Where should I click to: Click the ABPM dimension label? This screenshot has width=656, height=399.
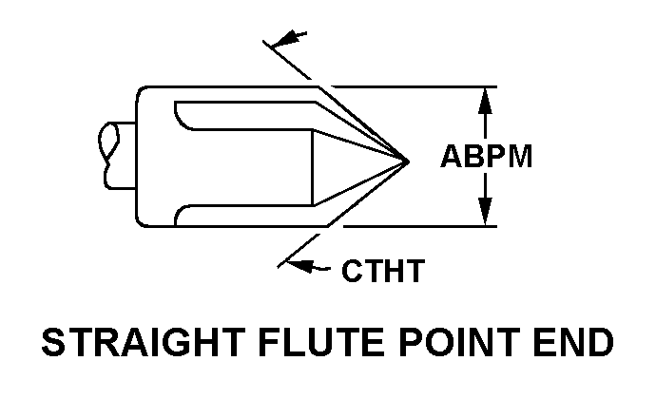(485, 157)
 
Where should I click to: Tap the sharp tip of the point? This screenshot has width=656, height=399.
(407, 160)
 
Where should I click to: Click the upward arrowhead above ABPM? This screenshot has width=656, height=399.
(487, 97)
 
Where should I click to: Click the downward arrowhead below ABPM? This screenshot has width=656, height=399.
(487, 217)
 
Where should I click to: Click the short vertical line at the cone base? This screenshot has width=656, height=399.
(315, 165)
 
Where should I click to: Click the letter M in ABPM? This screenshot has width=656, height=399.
(517, 157)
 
